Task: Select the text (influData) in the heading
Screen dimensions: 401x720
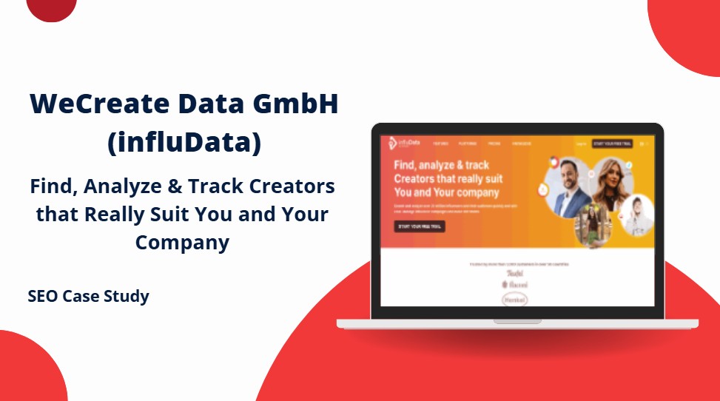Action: click(184, 143)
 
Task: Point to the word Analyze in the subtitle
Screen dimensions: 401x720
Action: click(128, 186)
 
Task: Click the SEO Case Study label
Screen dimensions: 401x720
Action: click(89, 297)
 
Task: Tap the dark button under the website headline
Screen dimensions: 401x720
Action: click(420, 226)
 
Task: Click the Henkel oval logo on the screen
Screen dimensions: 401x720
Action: click(514, 300)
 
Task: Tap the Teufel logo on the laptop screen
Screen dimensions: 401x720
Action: click(514, 273)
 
